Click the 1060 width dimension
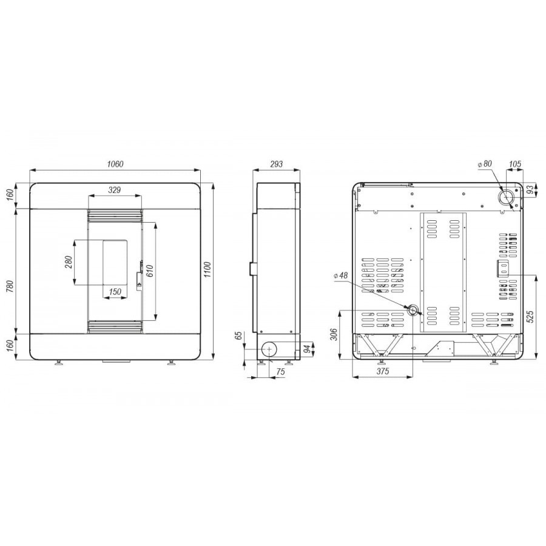(115, 164)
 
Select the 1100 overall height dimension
(207, 269)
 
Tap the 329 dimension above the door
(114, 190)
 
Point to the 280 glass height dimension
(69, 262)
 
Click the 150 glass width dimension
(115, 291)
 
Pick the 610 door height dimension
(150, 271)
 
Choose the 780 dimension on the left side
(10, 286)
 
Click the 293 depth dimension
(277, 164)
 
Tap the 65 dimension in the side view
(238, 336)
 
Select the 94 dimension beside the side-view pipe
(307, 349)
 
